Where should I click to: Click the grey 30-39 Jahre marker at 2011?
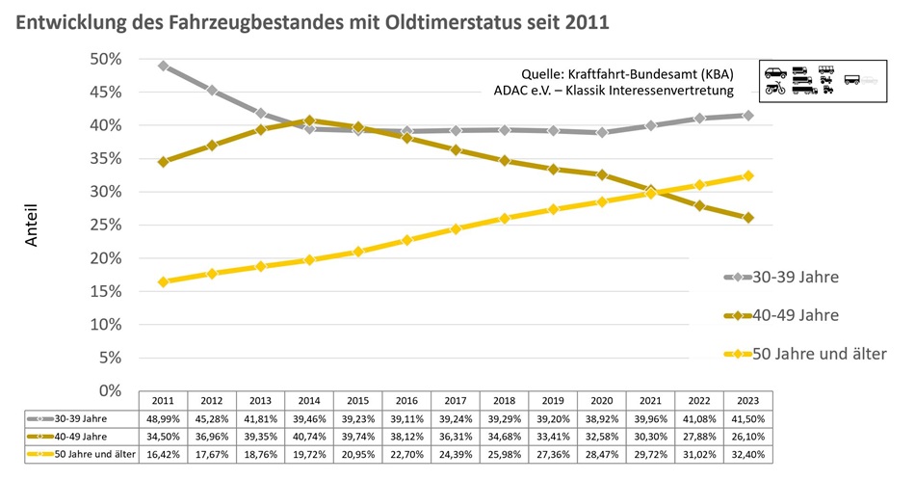tap(164, 67)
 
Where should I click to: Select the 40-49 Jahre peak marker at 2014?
tap(308, 120)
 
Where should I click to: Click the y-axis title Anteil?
tap(31, 224)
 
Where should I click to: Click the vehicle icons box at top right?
tap(821, 80)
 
